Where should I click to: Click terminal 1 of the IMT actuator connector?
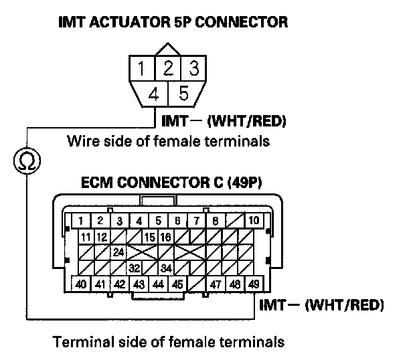[x=141, y=68]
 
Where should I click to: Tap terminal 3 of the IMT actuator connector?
[x=193, y=68]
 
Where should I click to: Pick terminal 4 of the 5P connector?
[x=154, y=94]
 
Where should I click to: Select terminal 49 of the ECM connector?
[x=253, y=284]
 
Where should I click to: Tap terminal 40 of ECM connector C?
[x=81, y=284]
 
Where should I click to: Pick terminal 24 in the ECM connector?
[x=118, y=252]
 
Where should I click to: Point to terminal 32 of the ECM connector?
[x=134, y=268]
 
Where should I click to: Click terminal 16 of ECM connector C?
[x=166, y=237]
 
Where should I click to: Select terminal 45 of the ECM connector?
[x=177, y=284]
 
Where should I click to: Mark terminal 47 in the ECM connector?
[x=215, y=284]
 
